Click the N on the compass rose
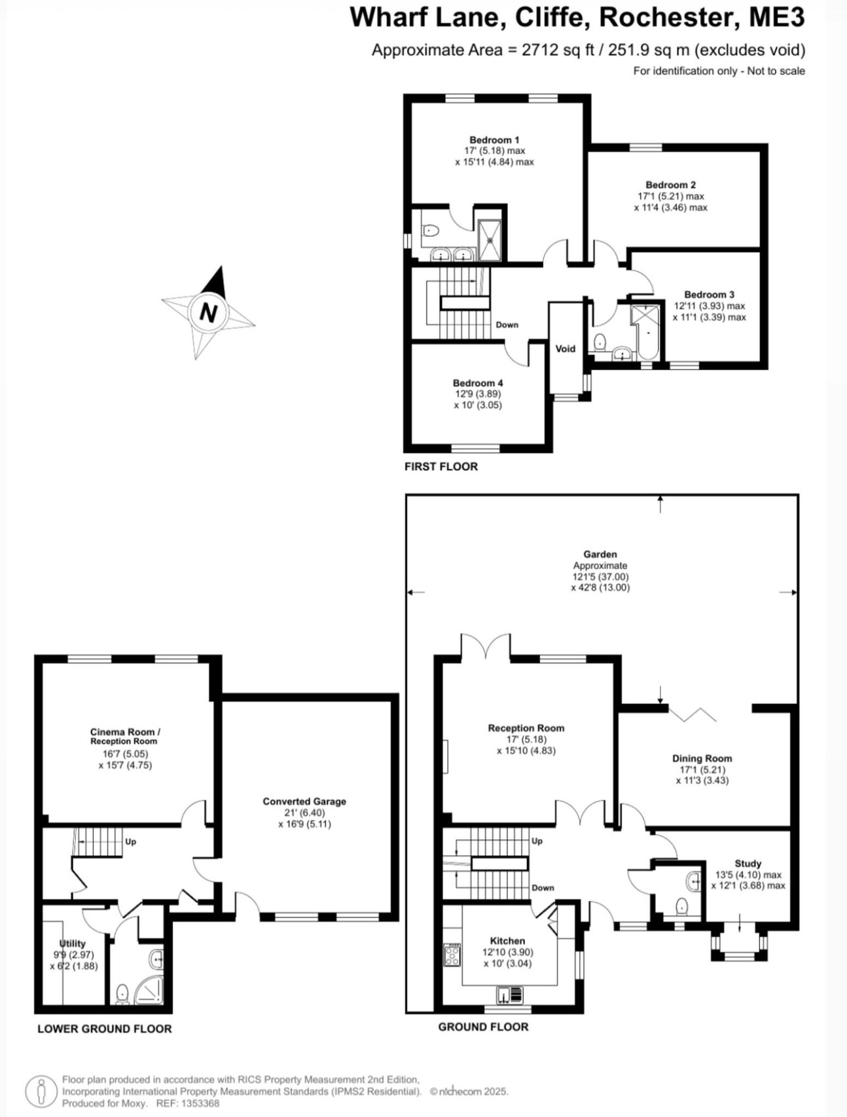[208, 313]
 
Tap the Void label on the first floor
[565, 349]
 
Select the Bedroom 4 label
[478, 383]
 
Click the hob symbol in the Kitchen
[452, 956]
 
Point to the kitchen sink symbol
[510, 995]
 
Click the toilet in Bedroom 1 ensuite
[431, 231]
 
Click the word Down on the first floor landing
[507, 325]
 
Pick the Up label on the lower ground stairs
[130, 842]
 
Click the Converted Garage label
[304, 801]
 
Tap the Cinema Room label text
[125, 732]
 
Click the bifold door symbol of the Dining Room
[692, 714]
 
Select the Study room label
[748, 863]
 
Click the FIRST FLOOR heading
[441, 466]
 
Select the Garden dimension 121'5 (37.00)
[600, 576]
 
